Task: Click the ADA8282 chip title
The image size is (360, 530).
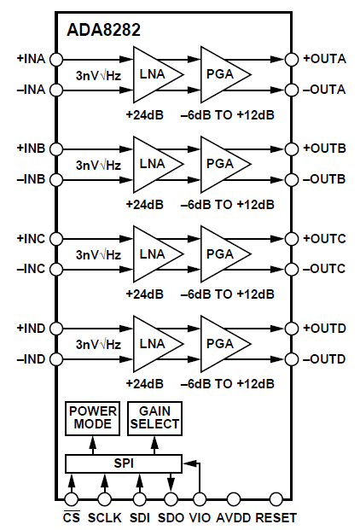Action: click(104, 30)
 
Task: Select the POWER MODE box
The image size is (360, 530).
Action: click(92, 417)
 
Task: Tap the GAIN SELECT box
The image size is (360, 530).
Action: click(154, 417)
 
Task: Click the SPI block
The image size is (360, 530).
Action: click(124, 463)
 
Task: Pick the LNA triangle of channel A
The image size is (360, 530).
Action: click(154, 74)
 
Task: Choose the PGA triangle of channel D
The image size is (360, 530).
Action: click(222, 343)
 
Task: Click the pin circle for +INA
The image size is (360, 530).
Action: click(57, 59)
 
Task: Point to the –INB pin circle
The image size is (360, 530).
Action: click(57, 179)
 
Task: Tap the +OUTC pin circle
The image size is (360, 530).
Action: click(291, 239)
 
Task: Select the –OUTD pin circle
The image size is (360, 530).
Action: click(291, 358)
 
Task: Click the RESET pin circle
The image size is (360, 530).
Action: click(276, 499)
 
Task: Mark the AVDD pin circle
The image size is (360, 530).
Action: click(232, 499)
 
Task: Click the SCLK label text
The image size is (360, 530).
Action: click(104, 518)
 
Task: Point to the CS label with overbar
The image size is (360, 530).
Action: click(72, 517)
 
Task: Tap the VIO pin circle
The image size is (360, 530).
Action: click(200, 499)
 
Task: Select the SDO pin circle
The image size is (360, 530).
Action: click(170, 499)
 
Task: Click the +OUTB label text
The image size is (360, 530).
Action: click(325, 149)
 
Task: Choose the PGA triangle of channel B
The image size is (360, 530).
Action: click(222, 164)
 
